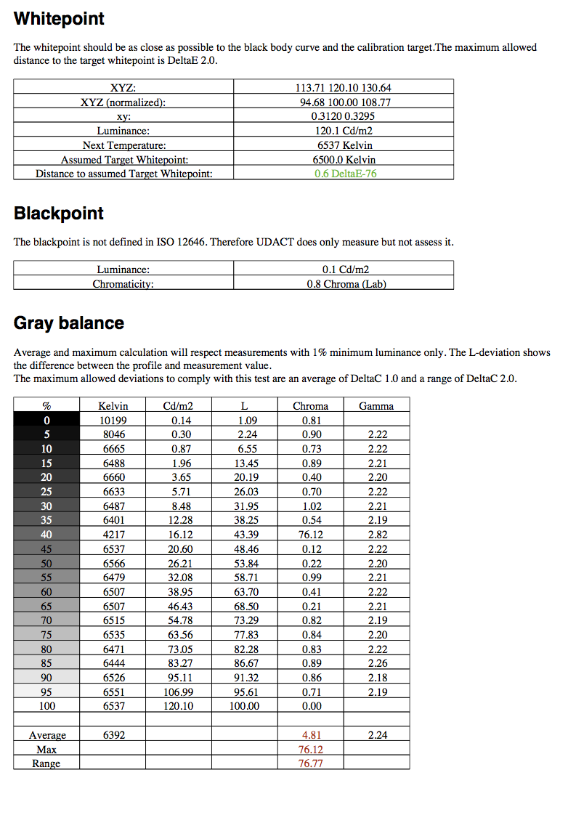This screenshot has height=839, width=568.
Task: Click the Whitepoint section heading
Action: pyautogui.click(x=59, y=19)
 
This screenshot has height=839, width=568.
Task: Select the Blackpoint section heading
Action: pyautogui.click(x=59, y=214)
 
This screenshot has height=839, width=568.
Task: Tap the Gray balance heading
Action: pyautogui.click(x=69, y=323)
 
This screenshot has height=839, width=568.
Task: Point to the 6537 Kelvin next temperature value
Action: pyautogui.click(x=344, y=145)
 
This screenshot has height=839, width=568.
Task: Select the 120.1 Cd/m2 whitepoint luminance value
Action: pyautogui.click(x=344, y=131)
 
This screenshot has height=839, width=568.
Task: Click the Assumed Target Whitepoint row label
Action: pyautogui.click(x=124, y=160)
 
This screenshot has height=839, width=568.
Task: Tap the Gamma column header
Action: pyautogui.click(x=376, y=406)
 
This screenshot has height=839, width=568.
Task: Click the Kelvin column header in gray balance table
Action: pyautogui.click(x=113, y=406)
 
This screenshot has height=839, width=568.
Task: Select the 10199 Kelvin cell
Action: pyautogui.click(x=113, y=421)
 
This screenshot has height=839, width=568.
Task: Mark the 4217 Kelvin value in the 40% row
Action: pyautogui.click(x=113, y=535)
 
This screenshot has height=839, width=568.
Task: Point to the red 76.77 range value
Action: pyautogui.click(x=310, y=763)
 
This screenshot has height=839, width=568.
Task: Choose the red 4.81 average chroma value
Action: pyautogui.click(x=310, y=735)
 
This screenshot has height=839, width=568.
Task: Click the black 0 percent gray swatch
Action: pyautogui.click(x=46, y=421)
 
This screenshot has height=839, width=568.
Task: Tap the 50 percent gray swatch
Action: pyautogui.click(x=46, y=564)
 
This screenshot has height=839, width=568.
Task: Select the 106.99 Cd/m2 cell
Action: pyautogui.click(x=177, y=692)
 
